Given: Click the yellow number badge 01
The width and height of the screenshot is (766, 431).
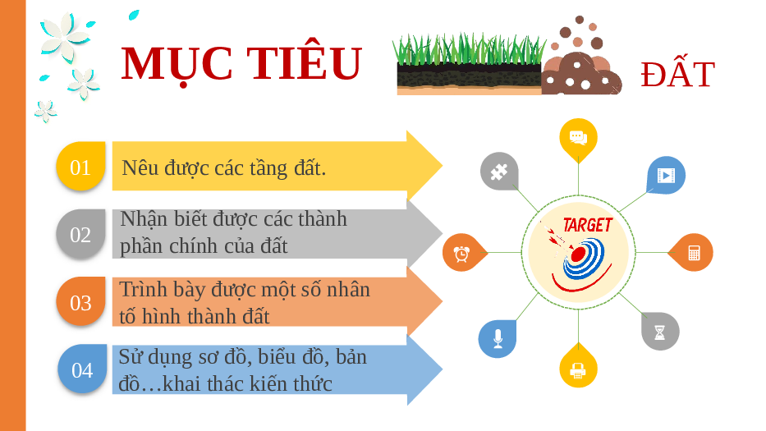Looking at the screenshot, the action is coord(80,166).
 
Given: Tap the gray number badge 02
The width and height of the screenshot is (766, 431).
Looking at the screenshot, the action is coord(80,234).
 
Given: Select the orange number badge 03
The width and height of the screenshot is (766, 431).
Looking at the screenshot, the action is coord(80,301).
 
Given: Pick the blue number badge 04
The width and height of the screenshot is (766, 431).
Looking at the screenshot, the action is coord(82,369).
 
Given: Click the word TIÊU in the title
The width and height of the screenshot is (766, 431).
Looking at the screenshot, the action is coord(304,63).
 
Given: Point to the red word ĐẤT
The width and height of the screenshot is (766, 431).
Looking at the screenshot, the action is coord(677,74).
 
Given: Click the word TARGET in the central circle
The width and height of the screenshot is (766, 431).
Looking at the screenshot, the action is coord(588,225).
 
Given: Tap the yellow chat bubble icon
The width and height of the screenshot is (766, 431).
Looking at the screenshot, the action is coord(579,138).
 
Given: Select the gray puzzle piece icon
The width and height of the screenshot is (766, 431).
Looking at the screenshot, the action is coord(499,172).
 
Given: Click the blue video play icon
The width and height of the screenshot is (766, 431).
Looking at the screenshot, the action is coord(666,175).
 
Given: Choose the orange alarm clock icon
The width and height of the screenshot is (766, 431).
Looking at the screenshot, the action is coord(462,253).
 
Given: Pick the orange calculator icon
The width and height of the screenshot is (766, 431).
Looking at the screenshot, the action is coord(694,253).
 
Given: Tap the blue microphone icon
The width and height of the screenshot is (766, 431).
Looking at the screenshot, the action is coord(498,338).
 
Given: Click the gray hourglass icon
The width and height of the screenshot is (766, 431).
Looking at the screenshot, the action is coord(660,332).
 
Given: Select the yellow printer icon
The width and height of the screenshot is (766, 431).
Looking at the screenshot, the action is coord(579,369).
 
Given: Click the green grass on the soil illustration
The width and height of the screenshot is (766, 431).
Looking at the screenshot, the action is coord(469,49).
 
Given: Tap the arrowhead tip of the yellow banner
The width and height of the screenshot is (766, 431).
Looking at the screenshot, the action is coord(442,166).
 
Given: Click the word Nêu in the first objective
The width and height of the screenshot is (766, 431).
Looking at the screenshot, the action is coord(140,167).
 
